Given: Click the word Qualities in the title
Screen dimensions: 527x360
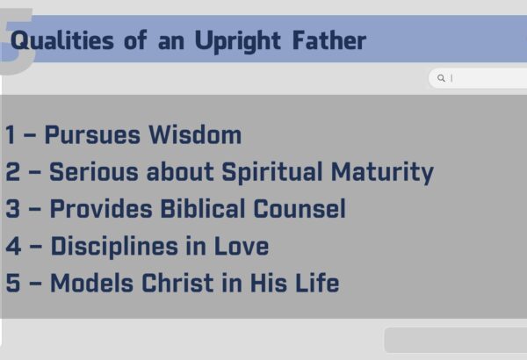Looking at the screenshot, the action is (62, 41).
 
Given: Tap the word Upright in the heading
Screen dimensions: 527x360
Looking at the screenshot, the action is (238, 41).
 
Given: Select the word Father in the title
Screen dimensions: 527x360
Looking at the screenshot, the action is (329, 40).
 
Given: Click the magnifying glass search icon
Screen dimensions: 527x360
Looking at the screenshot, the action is (441, 78).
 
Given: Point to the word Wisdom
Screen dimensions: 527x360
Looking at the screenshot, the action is (195, 135).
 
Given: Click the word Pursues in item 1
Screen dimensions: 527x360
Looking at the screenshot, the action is (92, 135).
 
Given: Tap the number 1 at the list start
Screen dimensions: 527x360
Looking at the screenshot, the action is (11, 135).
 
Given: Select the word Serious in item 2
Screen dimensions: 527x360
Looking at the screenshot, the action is (94, 171).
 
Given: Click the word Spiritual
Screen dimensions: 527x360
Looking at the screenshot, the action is (272, 173).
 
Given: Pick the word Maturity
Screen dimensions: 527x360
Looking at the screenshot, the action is (382, 173).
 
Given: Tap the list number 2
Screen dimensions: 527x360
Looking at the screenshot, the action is (13, 171).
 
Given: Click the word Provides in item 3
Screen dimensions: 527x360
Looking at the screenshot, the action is (101, 208).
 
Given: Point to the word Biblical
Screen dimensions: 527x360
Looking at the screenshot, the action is (203, 208).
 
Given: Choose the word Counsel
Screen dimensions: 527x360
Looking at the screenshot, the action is (300, 208).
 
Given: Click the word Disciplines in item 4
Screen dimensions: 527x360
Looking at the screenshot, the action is (114, 247).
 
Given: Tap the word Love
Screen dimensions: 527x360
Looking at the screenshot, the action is (242, 246).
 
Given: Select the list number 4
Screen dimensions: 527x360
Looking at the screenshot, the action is (13, 246).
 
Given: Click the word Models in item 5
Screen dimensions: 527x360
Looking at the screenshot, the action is (91, 283).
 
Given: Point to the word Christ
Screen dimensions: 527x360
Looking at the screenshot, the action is (177, 283).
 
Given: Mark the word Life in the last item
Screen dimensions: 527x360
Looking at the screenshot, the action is (317, 283).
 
